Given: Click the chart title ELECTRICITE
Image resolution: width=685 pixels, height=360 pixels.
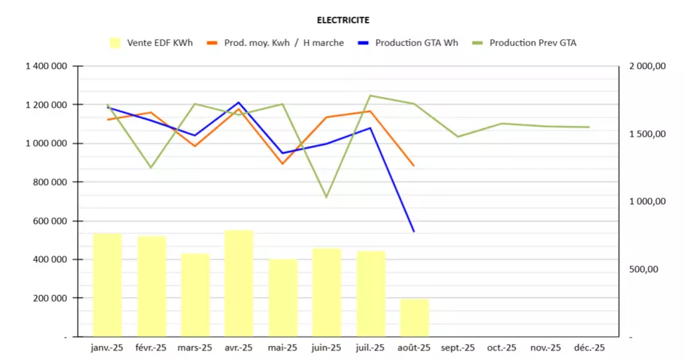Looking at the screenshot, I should pos(342,20).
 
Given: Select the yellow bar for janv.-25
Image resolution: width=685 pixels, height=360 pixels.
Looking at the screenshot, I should pos(107,285).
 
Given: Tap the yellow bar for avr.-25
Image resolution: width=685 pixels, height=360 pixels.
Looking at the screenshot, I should pos(238,283).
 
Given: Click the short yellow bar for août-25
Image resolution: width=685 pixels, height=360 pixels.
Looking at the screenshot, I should pos(414,318).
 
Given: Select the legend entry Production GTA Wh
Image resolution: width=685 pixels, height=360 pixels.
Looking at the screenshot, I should pos(416,43).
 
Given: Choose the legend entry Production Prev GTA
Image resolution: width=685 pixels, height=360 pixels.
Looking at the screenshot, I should pos(533,43).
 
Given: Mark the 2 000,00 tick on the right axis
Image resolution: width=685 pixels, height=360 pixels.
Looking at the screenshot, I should pos(647,66).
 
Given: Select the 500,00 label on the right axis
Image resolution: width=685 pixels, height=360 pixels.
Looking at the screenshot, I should pos(643,269).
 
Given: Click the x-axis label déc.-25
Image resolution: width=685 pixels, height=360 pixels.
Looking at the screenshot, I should pos(589,348).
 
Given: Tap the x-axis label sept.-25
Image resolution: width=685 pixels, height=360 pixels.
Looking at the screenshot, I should pos(458,348).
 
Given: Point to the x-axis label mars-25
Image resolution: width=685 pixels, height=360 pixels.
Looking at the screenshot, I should pos(195,348).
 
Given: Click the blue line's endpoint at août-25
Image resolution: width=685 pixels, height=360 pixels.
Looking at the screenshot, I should pos(414,232).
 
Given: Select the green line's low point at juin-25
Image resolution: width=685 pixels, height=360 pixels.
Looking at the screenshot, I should pos(326,197).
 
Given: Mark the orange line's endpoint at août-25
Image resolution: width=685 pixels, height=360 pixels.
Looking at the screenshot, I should pos(414,166).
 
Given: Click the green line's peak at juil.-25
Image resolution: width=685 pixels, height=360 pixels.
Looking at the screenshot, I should pos(370,95).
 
